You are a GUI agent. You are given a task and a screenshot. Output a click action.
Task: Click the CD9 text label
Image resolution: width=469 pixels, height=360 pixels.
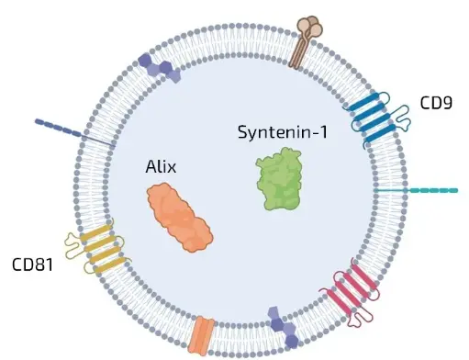click(x=436, y=102)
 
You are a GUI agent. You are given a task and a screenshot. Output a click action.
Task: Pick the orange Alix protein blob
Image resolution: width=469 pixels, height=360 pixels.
click(x=180, y=215)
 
